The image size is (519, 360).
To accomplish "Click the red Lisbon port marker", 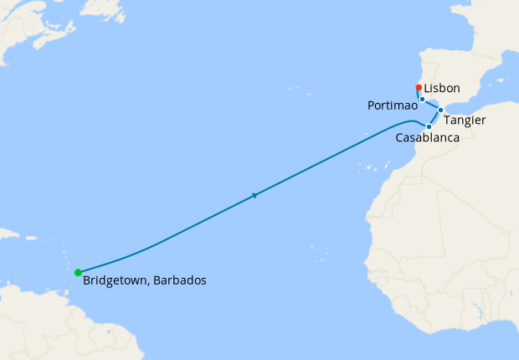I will coord(419,87).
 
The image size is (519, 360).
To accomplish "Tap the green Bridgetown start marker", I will coord(78,272).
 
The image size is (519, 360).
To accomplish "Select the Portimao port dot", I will coord(423,100).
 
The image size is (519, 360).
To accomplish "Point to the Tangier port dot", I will coord(440,110).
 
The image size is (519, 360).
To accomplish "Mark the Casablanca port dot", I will coord(429,126).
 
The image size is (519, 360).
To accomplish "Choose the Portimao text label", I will coord(393,106).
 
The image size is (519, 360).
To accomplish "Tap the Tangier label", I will coord(465,121).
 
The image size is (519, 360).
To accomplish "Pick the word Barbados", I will coord(178,280).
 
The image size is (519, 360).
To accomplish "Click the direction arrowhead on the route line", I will coord(254,196).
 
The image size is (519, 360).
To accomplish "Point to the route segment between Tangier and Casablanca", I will coord(434,118).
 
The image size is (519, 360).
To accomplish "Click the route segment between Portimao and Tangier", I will coord(432,105).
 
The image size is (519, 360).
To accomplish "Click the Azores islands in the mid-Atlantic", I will coord(292,88).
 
